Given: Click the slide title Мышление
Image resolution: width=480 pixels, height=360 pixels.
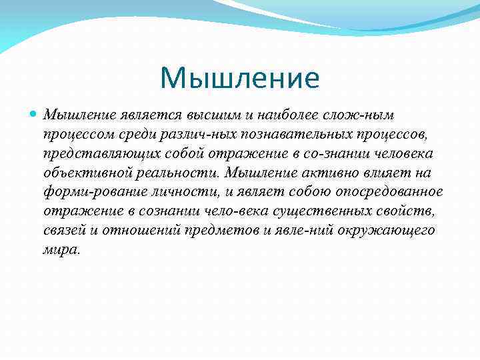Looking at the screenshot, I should (240, 78).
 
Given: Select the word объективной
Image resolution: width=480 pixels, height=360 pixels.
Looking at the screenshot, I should (85, 173).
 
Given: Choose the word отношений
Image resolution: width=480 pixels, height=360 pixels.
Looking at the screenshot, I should (142, 231).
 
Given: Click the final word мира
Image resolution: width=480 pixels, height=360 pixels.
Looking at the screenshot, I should (61, 251).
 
